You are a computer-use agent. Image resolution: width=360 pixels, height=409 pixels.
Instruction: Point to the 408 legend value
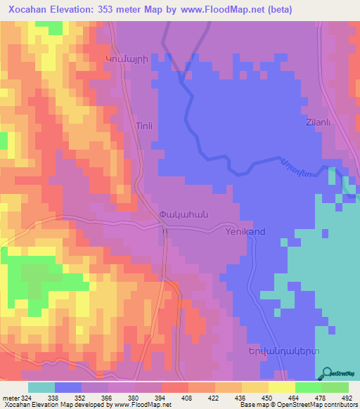point(188,398)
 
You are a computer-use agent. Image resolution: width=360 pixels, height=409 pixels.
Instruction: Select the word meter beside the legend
point(11,398)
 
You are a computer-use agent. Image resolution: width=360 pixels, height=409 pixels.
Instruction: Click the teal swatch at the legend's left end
point(41,387)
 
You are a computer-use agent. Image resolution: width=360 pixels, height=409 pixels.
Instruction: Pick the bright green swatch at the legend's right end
point(335,387)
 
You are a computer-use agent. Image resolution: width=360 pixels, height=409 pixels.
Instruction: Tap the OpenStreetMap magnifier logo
point(328,375)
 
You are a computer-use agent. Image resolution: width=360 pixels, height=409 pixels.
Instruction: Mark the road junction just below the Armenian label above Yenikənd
point(165,228)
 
